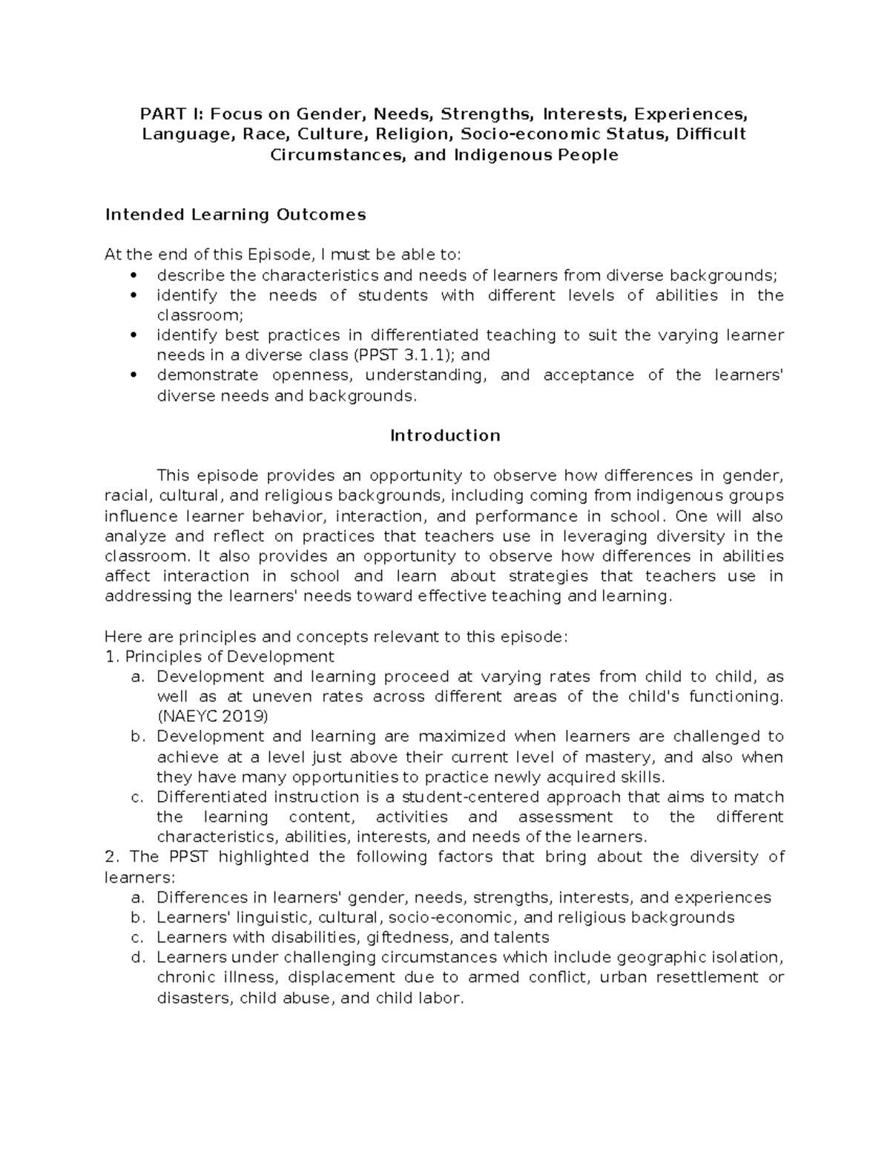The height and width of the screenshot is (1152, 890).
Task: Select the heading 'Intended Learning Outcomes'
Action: tap(235, 214)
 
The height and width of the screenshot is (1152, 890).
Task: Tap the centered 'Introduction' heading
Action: tap(445, 435)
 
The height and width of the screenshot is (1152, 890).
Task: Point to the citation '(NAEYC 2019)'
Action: tap(213, 717)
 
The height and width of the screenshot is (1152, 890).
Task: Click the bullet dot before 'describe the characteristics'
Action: tap(133, 275)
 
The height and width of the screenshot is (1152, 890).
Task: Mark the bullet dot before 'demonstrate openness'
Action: tap(133, 375)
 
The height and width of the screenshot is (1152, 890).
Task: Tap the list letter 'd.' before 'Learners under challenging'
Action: tap(136, 957)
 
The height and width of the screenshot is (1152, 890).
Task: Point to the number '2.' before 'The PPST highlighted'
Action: tap(112, 857)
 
